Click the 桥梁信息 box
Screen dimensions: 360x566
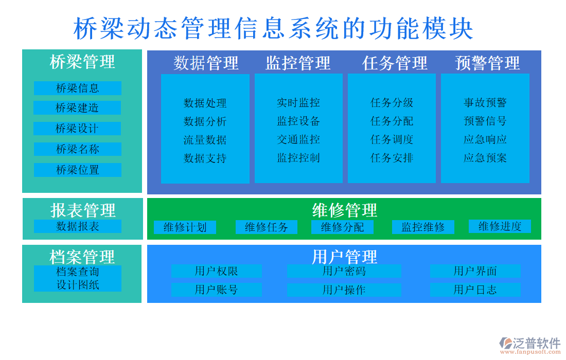point(77,88)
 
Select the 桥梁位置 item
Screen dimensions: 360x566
point(77,170)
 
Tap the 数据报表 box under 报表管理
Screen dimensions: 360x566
point(77,226)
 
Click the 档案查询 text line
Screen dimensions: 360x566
point(77,272)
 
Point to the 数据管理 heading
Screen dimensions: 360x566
point(206,63)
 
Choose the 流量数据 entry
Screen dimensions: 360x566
point(205,140)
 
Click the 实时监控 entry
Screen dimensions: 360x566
point(298,103)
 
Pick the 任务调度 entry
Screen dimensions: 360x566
point(392,139)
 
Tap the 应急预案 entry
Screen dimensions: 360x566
point(485,158)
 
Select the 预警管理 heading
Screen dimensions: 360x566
point(487,63)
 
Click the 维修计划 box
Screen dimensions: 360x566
point(185,227)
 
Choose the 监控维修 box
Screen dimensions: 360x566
point(423,227)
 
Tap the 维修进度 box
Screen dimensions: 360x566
point(500,226)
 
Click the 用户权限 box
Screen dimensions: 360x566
point(216,271)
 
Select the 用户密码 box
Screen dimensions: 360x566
point(344,271)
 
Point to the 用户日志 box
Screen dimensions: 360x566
point(475,290)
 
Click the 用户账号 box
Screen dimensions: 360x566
point(216,290)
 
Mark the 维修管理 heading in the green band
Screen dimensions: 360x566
point(344,210)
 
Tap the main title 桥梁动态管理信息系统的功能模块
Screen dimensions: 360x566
point(273,28)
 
